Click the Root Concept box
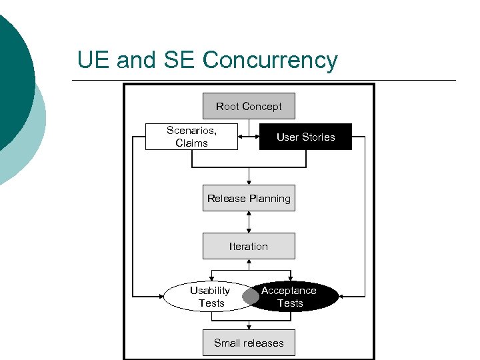[249, 106]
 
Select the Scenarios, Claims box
[191, 137]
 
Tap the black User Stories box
[305, 137]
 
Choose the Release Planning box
[249, 198]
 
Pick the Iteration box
[249, 246]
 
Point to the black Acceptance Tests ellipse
[297, 297]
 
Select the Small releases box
[249, 343]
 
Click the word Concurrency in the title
[270, 61]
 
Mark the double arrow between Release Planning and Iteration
[249, 222]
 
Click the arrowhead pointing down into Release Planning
[249, 182]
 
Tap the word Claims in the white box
[191, 143]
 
